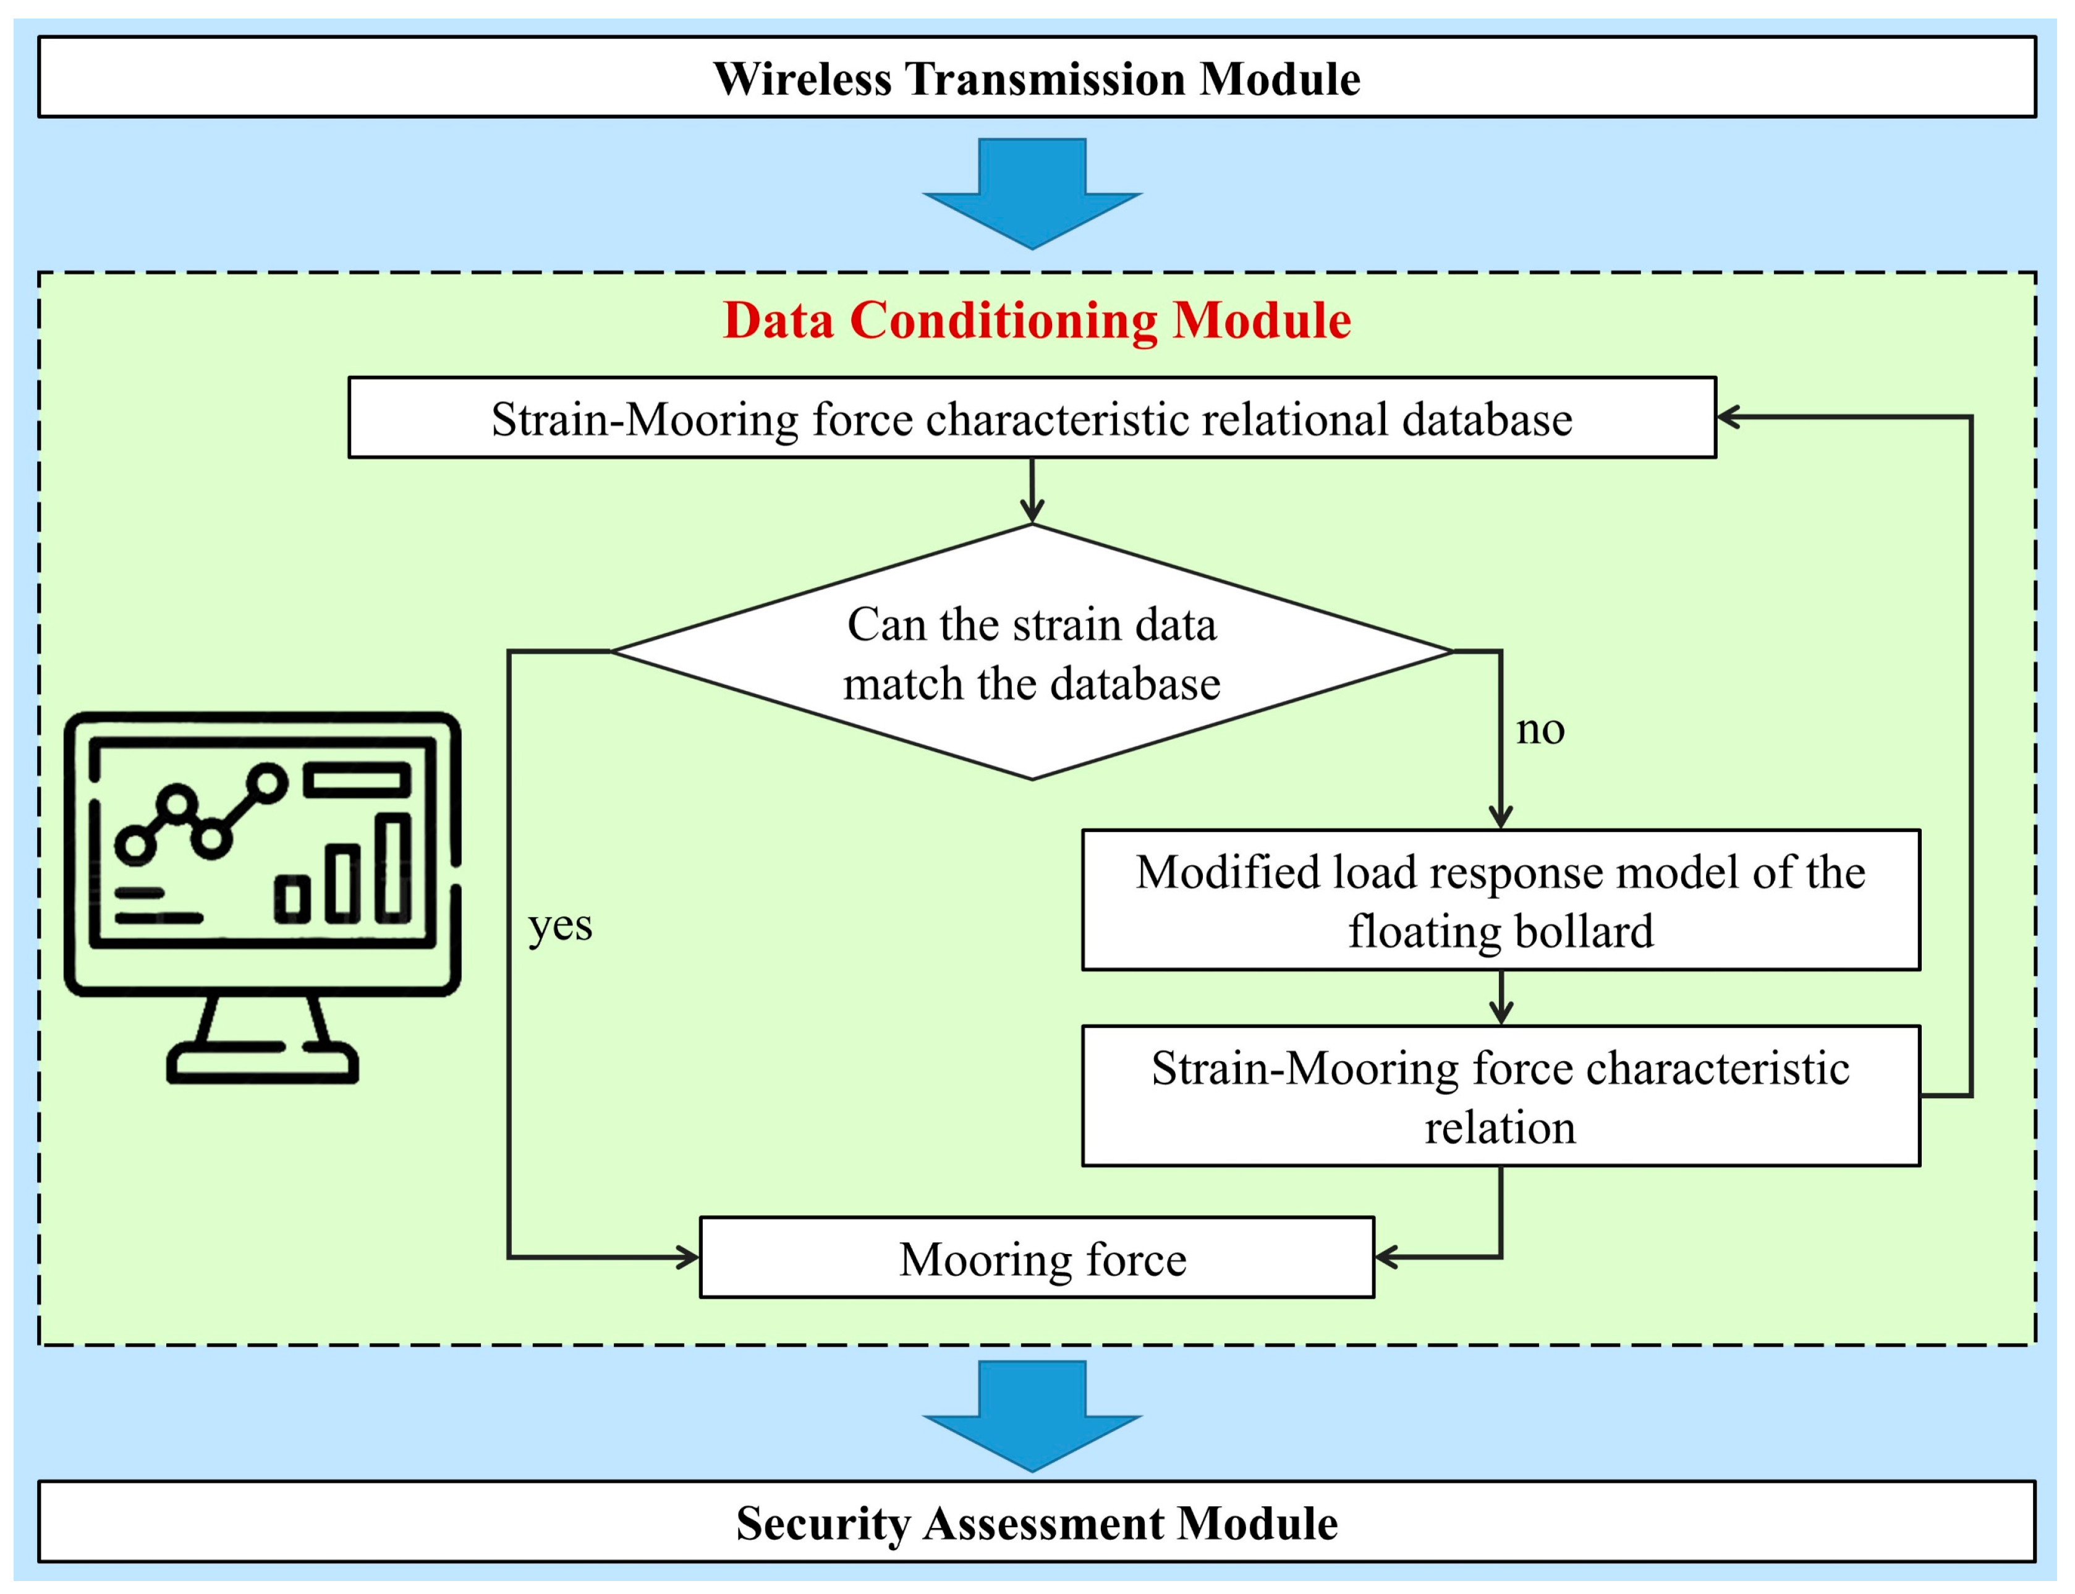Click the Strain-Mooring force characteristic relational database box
tap(1032, 417)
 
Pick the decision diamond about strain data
tap(1032, 653)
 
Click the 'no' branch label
tap(1539, 730)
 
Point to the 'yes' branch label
tap(560, 925)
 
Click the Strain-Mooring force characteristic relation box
tap(1500, 1096)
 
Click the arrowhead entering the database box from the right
tap(1729, 417)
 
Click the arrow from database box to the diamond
tap(1032, 491)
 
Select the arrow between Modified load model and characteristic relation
tap(1500, 998)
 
